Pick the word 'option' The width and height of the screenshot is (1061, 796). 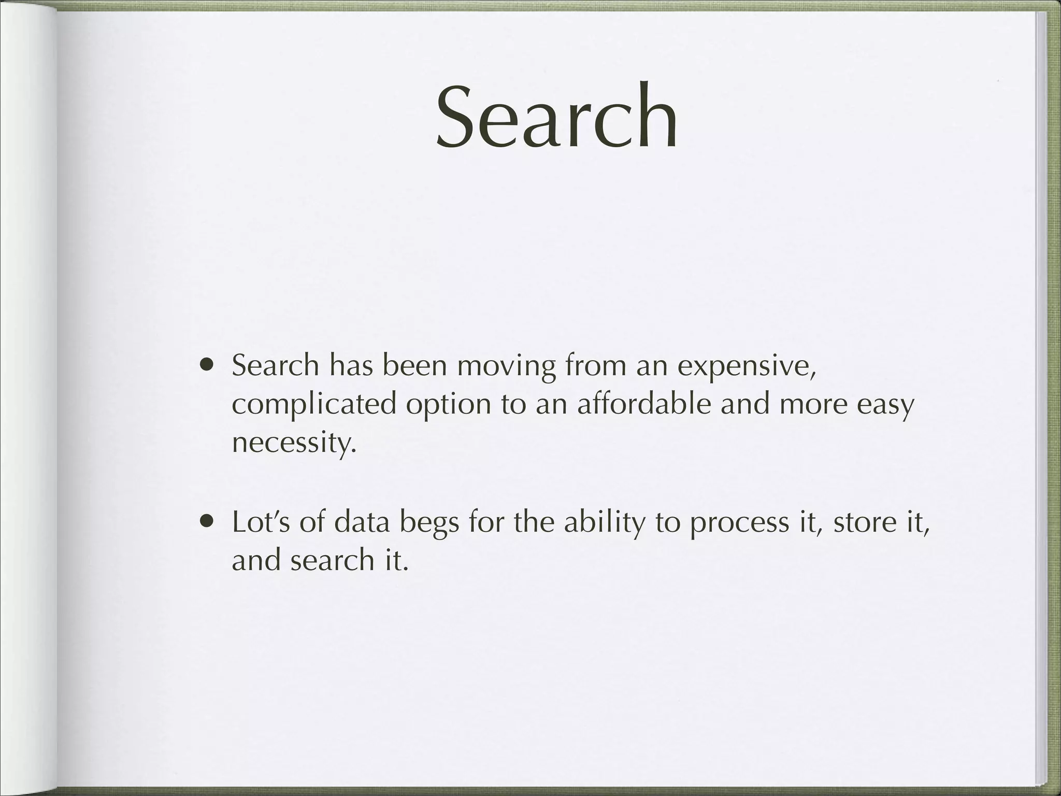(x=448, y=405)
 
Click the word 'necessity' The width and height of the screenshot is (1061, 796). (x=294, y=443)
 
